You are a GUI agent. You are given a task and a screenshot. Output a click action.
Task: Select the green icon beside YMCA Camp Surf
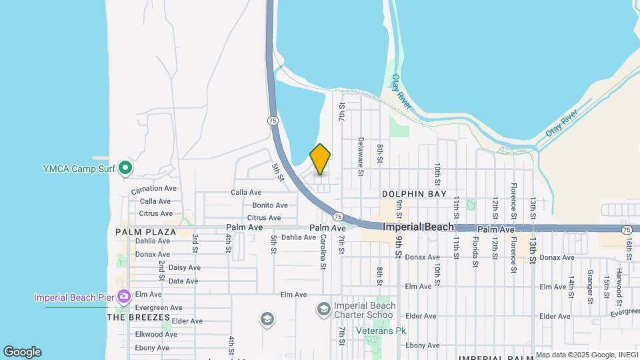pyautogui.click(x=125, y=169)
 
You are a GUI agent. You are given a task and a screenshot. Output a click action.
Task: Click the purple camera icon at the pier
pyautogui.click(x=123, y=295)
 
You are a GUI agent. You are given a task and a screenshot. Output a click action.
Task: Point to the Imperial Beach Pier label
pyautogui.click(x=74, y=297)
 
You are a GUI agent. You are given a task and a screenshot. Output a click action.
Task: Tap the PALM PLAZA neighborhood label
pyautogui.click(x=145, y=232)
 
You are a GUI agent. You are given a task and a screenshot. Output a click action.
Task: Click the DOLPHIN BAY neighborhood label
pyautogui.click(x=414, y=194)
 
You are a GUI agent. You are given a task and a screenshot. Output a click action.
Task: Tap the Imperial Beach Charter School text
pyautogui.click(x=365, y=310)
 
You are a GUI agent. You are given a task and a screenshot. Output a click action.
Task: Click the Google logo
pyautogui.click(x=22, y=352)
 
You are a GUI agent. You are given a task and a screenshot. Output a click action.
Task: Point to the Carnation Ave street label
pyautogui.click(x=153, y=189)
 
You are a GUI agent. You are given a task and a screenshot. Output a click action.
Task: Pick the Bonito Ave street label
pyautogui.click(x=269, y=205)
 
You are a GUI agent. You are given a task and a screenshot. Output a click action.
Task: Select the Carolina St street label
pyautogui.click(x=323, y=252)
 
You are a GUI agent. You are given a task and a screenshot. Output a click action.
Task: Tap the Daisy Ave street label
pyautogui.click(x=184, y=267)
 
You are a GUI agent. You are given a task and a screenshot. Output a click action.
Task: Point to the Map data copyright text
pyautogui.click(x=585, y=355)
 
